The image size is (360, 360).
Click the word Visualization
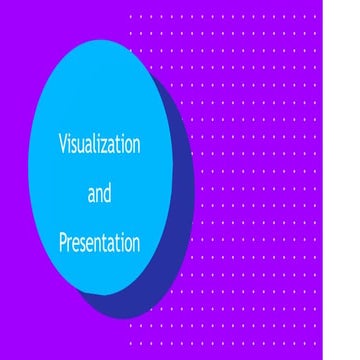coord(98,145)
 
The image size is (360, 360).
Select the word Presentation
coord(98,242)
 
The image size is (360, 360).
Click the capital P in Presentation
coord(63,242)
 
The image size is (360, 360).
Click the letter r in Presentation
coord(70,244)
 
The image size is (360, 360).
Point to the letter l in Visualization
coord(97,145)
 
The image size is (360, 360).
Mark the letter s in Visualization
coord(74,146)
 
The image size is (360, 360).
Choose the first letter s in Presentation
coord(84,244)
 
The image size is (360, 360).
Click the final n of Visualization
coord(135,146)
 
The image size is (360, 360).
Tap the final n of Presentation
coord(134,244)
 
